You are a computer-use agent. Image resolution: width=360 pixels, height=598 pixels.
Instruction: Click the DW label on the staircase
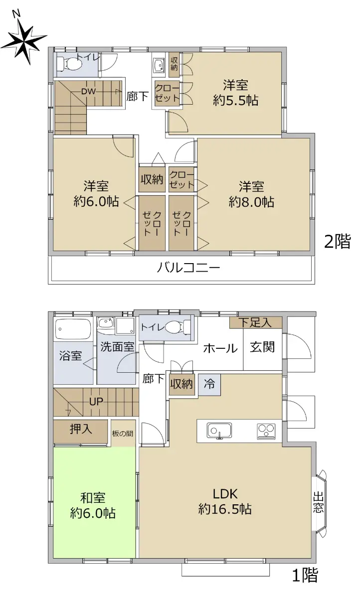(88, 92)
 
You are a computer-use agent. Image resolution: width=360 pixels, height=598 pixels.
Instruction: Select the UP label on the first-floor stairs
(96, 402)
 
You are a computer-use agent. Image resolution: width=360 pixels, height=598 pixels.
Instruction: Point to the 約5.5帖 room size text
(235, 101)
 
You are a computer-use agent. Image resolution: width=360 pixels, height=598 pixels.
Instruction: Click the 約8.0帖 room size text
(251, 202)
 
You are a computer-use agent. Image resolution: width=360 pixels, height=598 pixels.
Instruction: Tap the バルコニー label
(188, 267)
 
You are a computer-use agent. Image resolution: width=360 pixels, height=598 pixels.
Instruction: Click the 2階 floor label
(337, 241)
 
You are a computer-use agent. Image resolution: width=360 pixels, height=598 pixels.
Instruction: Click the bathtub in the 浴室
(73, 329)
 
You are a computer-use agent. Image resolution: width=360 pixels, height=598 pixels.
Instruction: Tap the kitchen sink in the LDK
(219, 431)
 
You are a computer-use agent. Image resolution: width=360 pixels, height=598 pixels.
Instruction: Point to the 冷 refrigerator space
(209, 384)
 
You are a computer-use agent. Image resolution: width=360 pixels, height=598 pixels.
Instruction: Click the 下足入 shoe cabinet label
(255, 323)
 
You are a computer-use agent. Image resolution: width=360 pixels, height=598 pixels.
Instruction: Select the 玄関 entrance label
(262, 347)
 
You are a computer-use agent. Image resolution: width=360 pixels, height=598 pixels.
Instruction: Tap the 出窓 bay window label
(318, 503)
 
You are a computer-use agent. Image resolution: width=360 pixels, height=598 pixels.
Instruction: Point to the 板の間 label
(123, 434)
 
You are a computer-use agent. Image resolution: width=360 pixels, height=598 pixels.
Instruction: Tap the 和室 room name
(93, 498)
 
